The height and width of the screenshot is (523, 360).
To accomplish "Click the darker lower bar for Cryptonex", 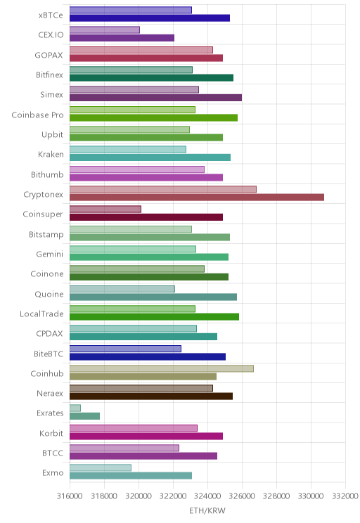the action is (197, 198).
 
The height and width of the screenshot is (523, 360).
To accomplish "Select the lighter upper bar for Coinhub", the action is (162, 368).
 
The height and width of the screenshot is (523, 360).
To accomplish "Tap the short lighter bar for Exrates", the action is (75, 408).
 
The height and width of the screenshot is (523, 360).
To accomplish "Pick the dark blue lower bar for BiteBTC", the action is (148, 357).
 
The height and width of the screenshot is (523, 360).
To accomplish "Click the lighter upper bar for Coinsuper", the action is (105, 209).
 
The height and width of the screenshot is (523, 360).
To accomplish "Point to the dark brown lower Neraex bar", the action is (151, 396).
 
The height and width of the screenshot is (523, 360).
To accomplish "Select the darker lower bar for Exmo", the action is (131, 476).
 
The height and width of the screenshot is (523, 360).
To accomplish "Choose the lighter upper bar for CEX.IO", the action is (105, 30).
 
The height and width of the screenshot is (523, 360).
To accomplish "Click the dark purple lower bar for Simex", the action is (156, 98).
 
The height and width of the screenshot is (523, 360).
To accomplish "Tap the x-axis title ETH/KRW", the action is (207, 510).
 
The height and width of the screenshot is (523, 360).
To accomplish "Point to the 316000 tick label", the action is (70, 496).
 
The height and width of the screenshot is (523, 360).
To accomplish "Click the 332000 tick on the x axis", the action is (345, 496).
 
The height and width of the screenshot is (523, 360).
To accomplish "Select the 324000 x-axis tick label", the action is (207, 496).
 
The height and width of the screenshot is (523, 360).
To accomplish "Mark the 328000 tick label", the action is (276, 496).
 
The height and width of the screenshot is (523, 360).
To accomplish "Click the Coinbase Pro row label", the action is (37, 115).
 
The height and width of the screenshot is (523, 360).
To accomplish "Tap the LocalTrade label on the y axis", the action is (41, 314).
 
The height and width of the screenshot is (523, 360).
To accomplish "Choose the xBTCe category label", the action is (51, 15).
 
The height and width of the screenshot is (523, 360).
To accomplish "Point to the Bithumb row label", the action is (47, 174).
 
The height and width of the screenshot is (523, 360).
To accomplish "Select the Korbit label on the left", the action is (51, 433).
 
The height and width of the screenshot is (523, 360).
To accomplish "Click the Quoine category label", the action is (49, 294).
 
